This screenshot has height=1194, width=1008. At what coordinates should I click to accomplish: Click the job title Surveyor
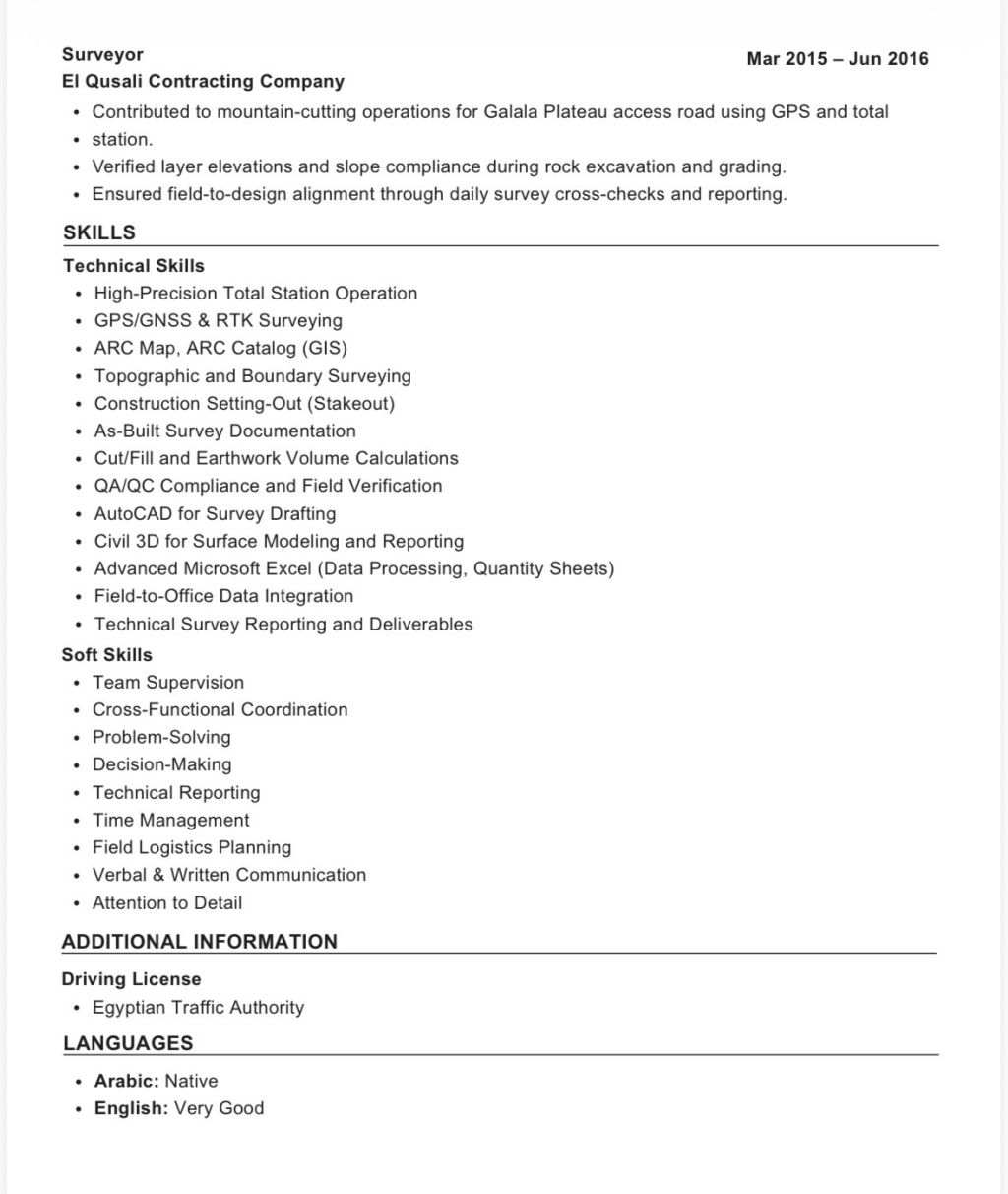coord(102,55)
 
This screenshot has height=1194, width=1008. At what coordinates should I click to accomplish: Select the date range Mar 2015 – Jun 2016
coord(837,59)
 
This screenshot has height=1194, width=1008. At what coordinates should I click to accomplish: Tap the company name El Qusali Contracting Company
coord(203,82)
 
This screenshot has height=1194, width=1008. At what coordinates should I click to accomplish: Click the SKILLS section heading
coord(99,233)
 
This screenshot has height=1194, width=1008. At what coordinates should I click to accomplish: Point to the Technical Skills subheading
coord(134,266)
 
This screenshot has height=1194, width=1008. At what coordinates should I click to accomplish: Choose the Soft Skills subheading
coord(107,655)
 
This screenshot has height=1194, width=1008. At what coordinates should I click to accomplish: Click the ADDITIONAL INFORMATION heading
coord(200,942)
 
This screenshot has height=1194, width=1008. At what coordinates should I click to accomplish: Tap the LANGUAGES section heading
coord(128,1044)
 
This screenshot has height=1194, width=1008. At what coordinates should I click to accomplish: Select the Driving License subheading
coord(132,980)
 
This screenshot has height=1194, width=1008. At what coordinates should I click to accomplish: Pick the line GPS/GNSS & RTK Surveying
coord(219,321)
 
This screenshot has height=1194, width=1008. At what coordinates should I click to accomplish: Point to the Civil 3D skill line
coord(279,542)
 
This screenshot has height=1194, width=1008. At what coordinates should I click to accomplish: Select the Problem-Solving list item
coord(161,738)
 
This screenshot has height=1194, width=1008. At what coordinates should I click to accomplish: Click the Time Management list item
coord(171,821)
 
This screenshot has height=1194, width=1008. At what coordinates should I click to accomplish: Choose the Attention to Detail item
coord(167,903)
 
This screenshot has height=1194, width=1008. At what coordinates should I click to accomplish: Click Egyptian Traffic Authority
coord(198,1008)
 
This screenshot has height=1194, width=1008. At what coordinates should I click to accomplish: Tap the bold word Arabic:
coord(126,1082)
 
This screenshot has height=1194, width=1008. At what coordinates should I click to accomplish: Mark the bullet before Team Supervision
coord(77,683)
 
